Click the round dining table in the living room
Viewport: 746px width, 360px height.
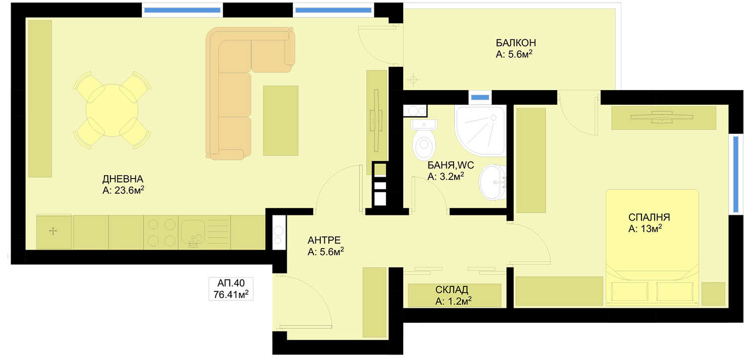[112, 110]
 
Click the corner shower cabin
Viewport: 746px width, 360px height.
[479, 131]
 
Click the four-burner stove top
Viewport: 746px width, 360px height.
[161, 232]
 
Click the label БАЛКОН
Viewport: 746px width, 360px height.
[516, 43]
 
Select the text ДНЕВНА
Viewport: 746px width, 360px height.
[122, 179]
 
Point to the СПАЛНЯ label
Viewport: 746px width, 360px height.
[649, 217]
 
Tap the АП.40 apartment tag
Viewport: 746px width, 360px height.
[231, 283]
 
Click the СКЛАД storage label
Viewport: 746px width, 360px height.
[451, 290]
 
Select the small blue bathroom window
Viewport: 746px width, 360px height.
[480, 97]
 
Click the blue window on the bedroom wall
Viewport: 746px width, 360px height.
[736, 174]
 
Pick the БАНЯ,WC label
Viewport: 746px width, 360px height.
[450, 165]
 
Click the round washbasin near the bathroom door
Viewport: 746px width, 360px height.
[492, 182]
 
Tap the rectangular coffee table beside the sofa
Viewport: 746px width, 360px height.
[280, 120]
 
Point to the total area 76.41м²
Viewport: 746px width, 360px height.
[231, 294]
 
